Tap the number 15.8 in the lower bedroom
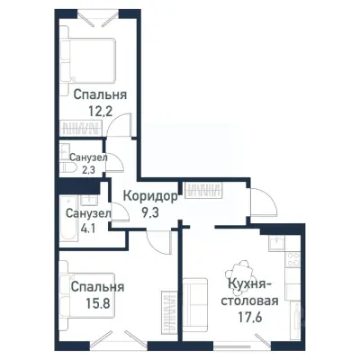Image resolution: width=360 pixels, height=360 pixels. [x=96, y=302]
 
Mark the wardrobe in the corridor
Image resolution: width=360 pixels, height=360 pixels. [x=202, y=192]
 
